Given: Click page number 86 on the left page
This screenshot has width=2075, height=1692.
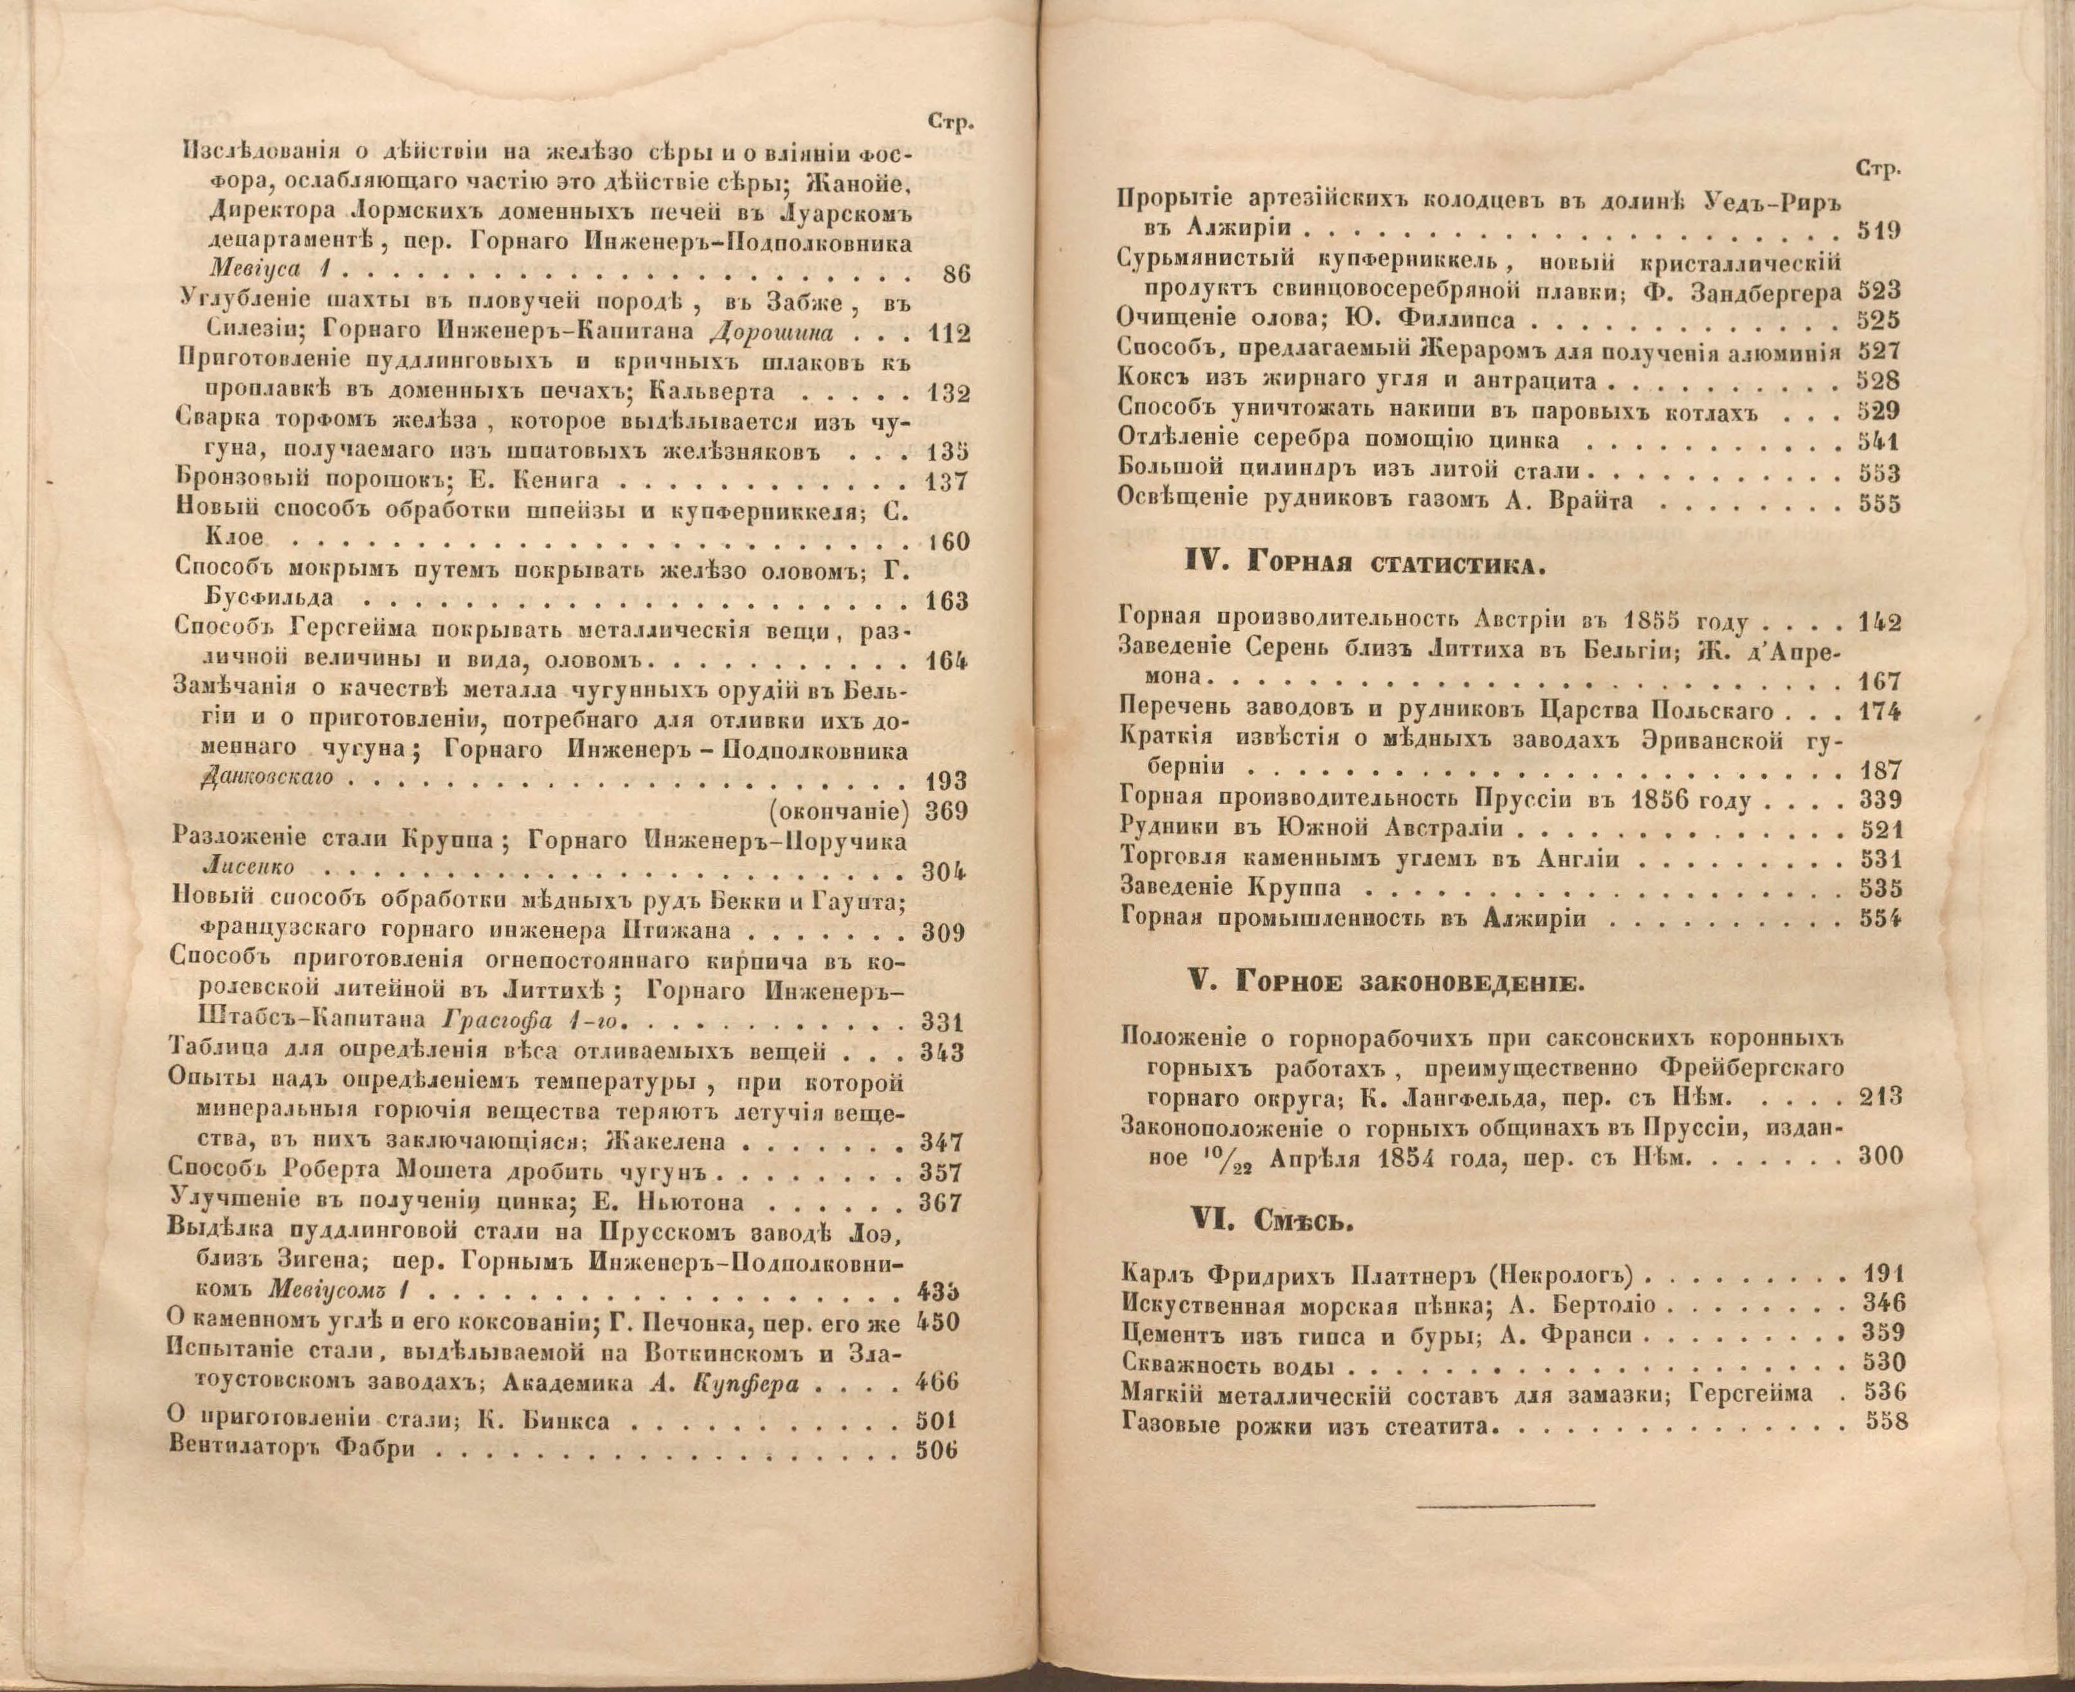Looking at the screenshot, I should pos(956,275).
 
